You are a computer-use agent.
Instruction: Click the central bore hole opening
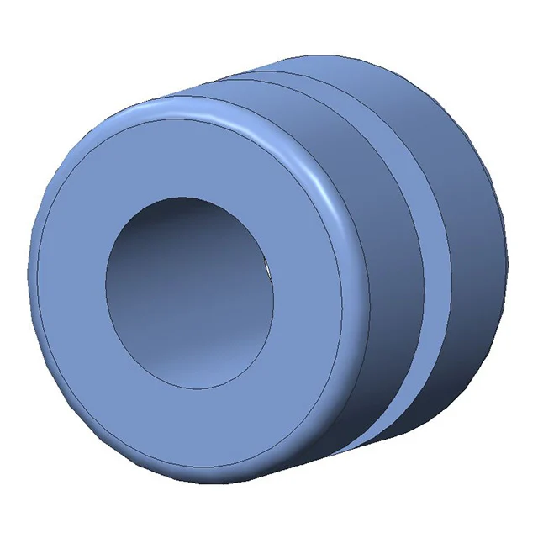192,293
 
